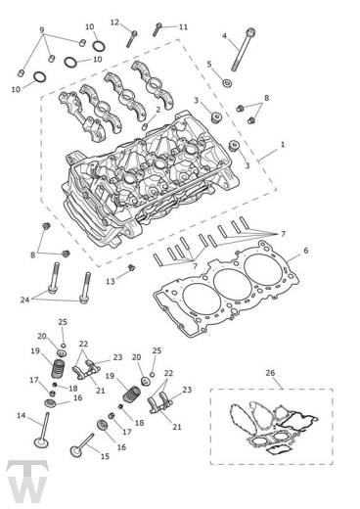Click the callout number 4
(224, 36)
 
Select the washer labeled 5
(227, 83)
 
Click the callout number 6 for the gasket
(305, 251)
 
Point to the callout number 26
(270, 373)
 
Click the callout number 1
(283, 144)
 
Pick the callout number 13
(111, 281)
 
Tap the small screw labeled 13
(131, 268)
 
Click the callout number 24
(24, 300)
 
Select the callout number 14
(22, 416)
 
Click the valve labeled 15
(82, 445)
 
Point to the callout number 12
(114, 23)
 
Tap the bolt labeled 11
(157, 29)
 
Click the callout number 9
(42, 30)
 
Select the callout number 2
(158, 110)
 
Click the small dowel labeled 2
(146, 125)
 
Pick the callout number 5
(209, 64)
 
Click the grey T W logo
(27, 482)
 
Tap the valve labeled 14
(43, 431)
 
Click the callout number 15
(105, 456)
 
